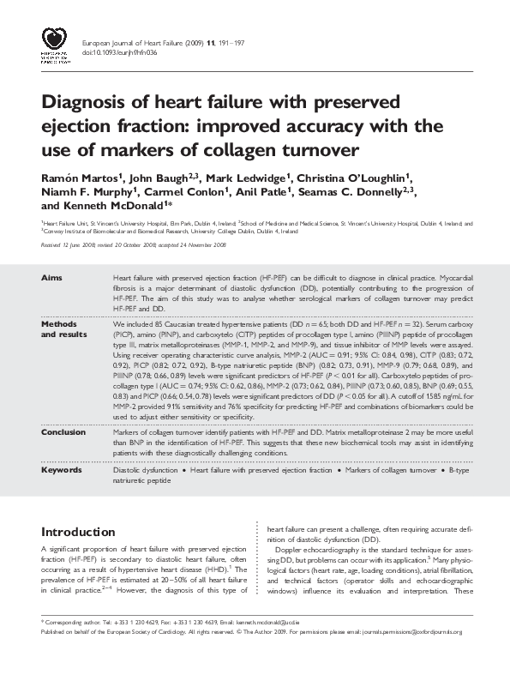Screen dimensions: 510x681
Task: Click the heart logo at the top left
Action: (x=55, y=42)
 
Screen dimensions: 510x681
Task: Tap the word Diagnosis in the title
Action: (x=92, y=103)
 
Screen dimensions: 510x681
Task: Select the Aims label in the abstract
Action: (x=51, y=278)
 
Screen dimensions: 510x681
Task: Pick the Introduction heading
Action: (x=78, y=532)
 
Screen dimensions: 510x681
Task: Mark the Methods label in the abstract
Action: (x=58, y=326)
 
